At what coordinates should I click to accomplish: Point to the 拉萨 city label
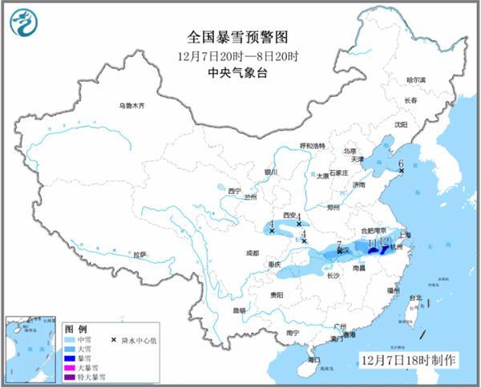(140, 254)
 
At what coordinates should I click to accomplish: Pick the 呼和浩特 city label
(313, 146)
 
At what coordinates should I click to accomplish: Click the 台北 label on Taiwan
(415, 298)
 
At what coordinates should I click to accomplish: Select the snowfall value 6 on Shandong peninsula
(401, 164)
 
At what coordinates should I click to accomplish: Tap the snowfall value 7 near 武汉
(340, 245)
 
